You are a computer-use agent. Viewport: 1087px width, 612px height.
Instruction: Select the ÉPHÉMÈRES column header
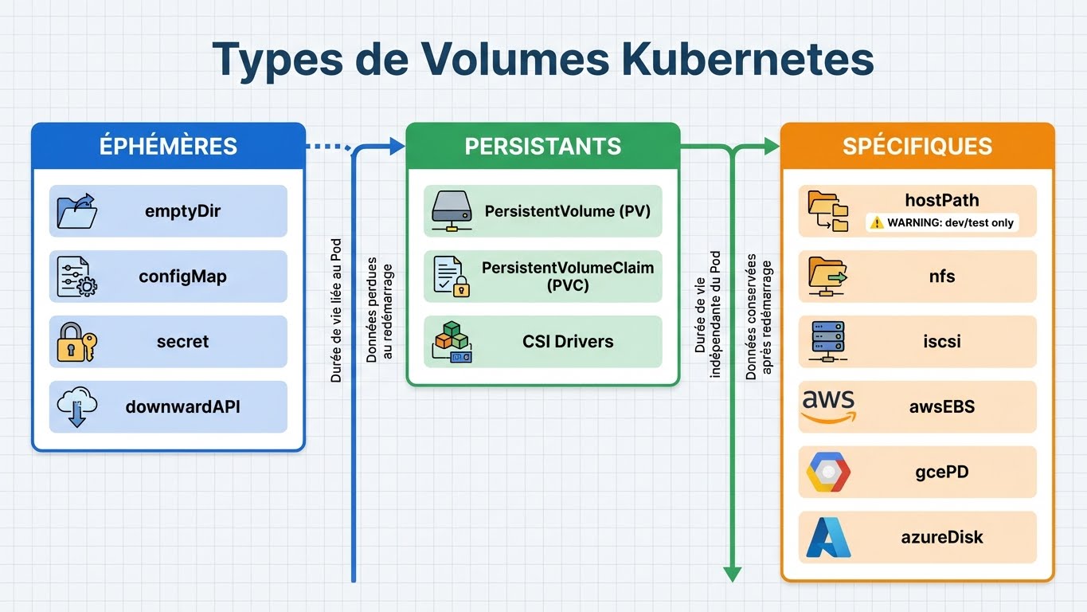point(168,147)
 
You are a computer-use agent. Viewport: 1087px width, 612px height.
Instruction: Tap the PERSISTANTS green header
point(542,147)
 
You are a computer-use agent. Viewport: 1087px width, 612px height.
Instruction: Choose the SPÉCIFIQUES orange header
point(917,147)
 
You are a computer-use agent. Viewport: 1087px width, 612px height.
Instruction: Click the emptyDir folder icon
point(77,212)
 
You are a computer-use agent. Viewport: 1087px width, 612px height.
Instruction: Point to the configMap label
point(182,277)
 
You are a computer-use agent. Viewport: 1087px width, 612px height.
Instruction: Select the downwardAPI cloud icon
point(77,407)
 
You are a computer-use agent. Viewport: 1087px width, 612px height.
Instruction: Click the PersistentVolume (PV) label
point(567,212)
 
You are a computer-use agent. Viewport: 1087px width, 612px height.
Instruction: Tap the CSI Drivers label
point(568,342)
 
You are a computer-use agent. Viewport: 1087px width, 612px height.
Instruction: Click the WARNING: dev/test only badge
point(942,223)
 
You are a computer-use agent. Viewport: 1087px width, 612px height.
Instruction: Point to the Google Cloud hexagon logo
point(828,472)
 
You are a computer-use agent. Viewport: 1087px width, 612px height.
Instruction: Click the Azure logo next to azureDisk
point(828,537)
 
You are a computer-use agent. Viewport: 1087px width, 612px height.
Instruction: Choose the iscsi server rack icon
point(828,342)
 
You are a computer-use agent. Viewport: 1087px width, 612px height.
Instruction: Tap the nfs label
point(942,277)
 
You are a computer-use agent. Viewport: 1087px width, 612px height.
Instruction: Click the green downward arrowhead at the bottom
point(732,574)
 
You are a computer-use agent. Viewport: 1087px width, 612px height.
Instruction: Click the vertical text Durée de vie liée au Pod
point(336,311)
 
